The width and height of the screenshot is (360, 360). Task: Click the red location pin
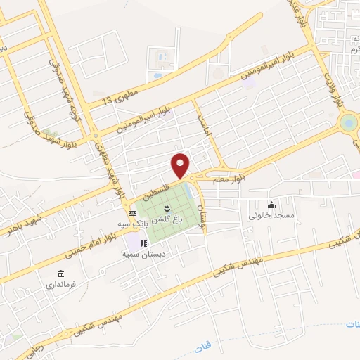pyautogui.click(x=181, y=165)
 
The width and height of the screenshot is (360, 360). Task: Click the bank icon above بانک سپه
pyautogui.click(x=132, y=212)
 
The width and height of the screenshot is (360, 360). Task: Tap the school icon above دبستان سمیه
pyautogui.click(x=143, y=243)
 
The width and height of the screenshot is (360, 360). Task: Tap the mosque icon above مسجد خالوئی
pyautogui.click(x=272, y=205)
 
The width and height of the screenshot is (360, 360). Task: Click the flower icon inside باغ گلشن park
pyautogui.click(x=167, y=207)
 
